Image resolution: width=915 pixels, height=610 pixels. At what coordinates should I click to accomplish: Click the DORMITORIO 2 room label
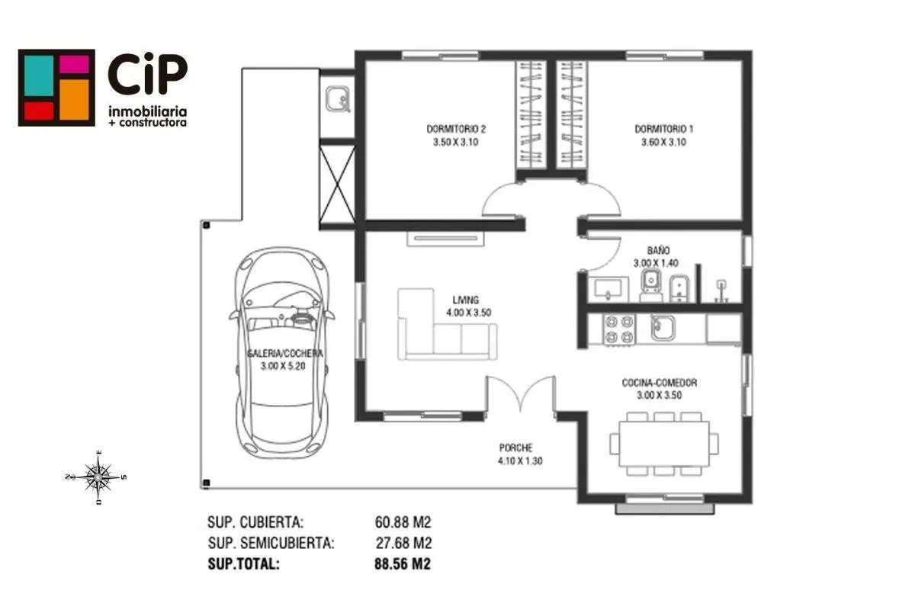(x=456, y=129)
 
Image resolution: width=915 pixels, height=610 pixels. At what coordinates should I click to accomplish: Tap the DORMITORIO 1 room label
(x=664, y=129)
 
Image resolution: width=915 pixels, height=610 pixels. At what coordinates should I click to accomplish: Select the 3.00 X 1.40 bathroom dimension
(x=656, y=263)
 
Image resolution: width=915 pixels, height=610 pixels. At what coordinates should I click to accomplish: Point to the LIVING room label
(x=466, y=300)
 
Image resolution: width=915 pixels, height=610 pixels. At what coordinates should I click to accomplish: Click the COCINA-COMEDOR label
(x=660, y=383)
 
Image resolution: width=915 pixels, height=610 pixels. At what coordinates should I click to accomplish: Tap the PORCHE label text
(x=516, y=448)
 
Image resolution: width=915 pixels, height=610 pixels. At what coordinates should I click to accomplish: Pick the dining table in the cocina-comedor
(x=664, y=444)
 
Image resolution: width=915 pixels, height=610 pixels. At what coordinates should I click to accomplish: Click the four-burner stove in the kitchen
(x=619, y=329)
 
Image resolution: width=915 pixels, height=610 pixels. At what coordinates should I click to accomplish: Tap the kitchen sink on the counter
(x=663, y=328)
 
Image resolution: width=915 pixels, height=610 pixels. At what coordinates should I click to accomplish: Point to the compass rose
(x=98, y=477)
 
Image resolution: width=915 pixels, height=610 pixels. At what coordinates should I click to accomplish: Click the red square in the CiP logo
(x=39, y=111)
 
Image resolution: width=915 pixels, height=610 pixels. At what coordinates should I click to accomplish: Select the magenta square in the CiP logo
(x=75, y=65)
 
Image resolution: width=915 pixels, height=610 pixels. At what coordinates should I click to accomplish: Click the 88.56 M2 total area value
(x=403, y=563)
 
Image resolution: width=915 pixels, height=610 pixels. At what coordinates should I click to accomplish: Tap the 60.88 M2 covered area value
(x=403, y=522)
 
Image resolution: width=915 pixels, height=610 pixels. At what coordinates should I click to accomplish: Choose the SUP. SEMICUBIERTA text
(x=271, y=543)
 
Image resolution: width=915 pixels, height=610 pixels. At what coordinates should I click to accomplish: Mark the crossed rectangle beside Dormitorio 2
(x=337, y=185)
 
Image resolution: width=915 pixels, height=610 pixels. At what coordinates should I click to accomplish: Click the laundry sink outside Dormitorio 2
(x=338, y=99)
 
